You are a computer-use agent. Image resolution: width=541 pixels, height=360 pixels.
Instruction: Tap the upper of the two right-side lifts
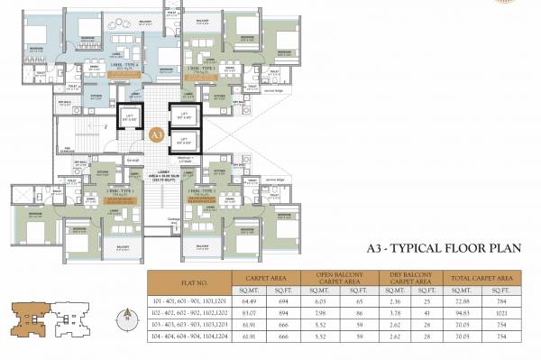point(186,116)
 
